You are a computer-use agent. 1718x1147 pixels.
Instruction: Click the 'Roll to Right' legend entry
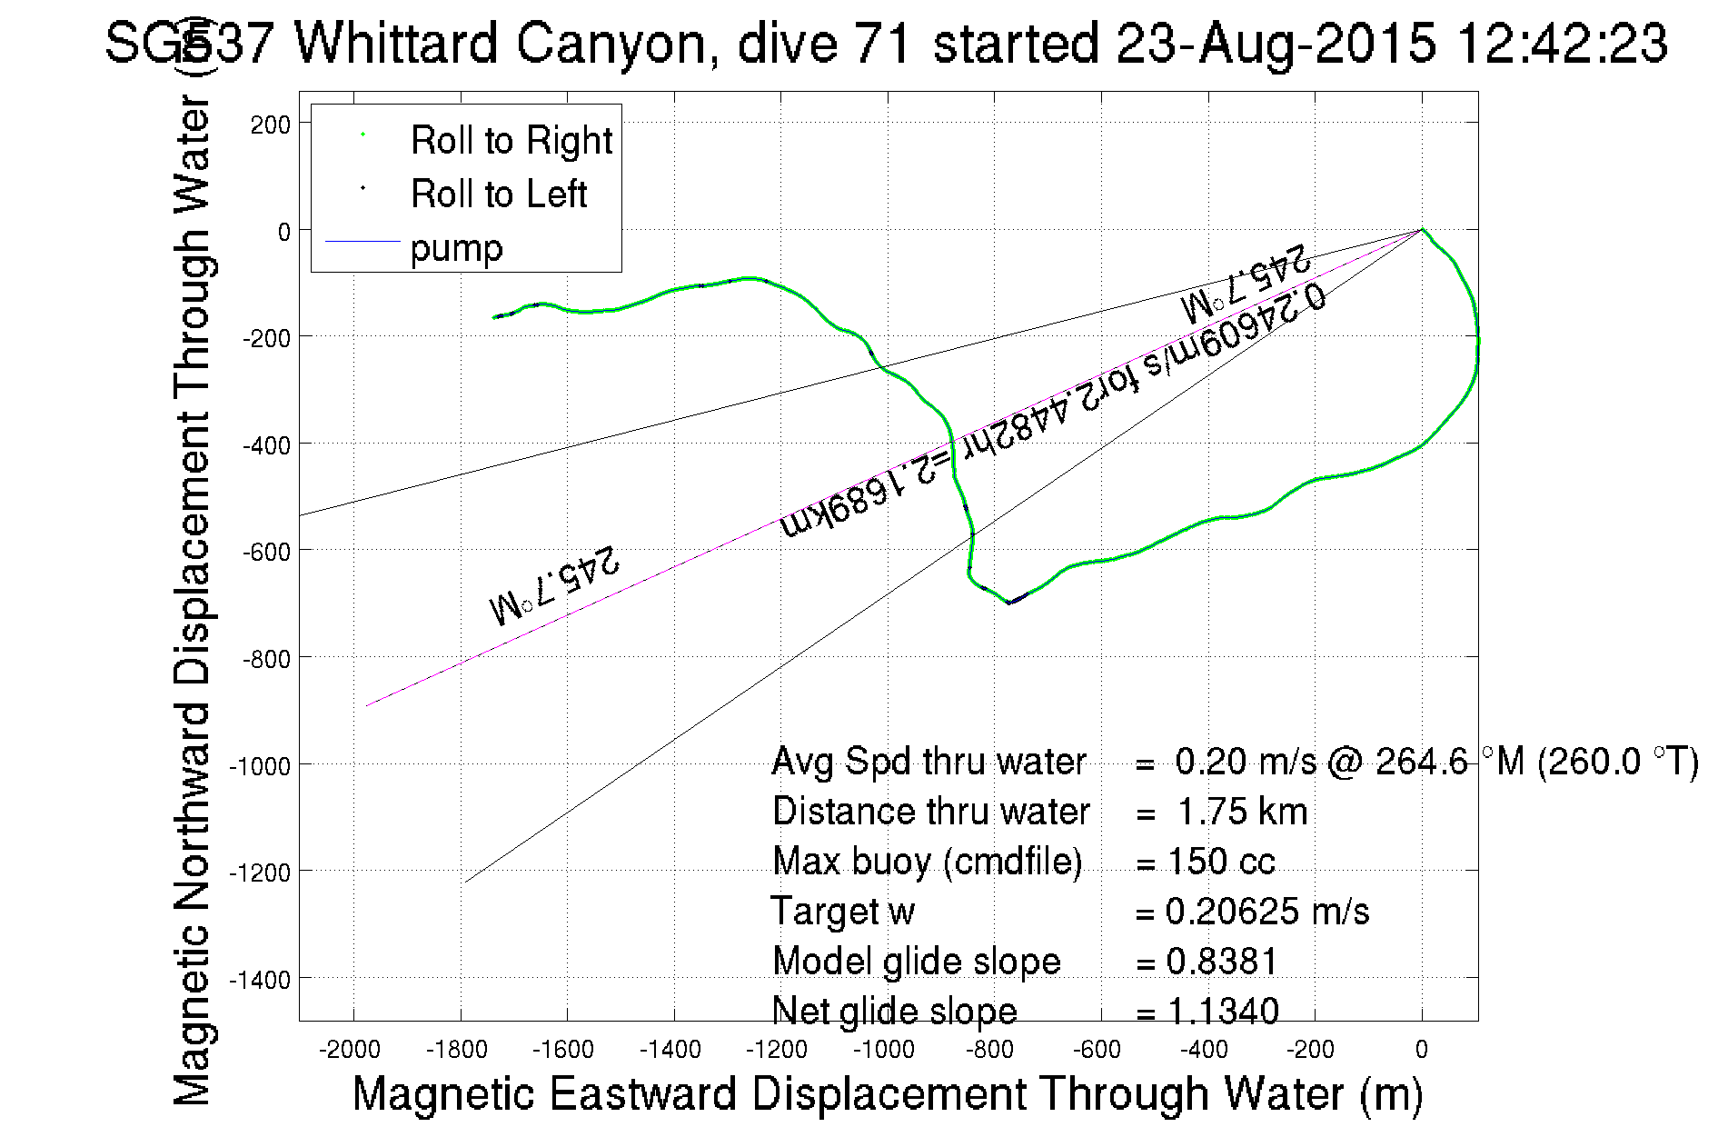(511, 141)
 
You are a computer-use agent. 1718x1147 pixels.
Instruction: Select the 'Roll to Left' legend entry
(498, 194)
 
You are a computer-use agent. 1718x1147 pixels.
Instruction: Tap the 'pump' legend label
(456, 248)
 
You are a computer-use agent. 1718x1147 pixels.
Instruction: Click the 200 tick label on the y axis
(271, 125)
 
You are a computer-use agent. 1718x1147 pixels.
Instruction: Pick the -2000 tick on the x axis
(350, 1051)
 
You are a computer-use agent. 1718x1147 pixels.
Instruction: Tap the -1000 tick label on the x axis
(883, 1051)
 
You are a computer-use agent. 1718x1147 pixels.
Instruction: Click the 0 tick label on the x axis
(1422, 1051)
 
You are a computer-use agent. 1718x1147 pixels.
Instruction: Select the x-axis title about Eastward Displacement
(887, 1093)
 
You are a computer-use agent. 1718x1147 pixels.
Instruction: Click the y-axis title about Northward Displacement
(192, 600)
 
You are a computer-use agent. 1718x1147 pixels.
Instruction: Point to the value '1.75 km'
(1242, 812)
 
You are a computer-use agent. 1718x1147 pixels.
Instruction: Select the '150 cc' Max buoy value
(1221, 862)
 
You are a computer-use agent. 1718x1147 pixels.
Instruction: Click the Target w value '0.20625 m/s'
(1266, 912)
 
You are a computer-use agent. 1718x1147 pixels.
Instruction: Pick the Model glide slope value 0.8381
(1222, 962)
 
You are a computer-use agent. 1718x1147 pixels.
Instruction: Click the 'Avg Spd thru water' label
(929, 762)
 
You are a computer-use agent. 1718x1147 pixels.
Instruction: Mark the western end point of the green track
(493, 317)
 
